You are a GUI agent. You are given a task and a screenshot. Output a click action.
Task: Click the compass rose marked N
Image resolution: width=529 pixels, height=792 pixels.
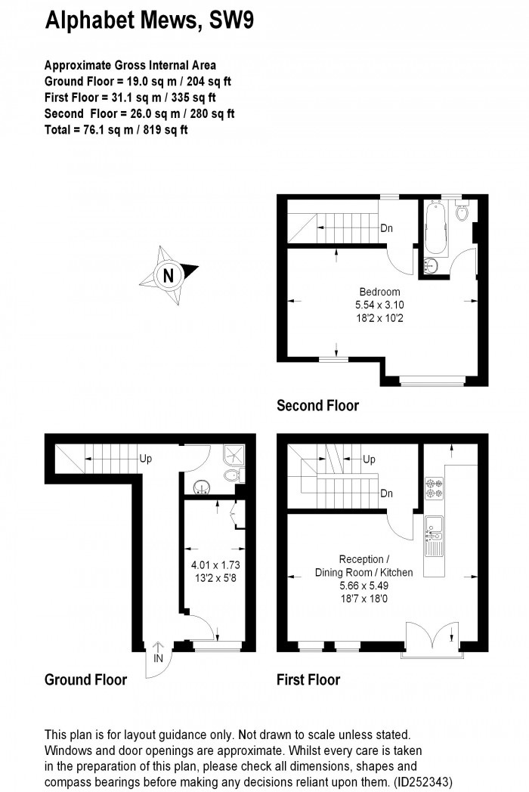click(x=167, y=274)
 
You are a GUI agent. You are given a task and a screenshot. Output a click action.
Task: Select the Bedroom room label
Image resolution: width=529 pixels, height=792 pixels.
click(x=379, y=292)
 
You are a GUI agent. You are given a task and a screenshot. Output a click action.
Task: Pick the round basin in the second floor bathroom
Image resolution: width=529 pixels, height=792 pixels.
click(x=432, y=266)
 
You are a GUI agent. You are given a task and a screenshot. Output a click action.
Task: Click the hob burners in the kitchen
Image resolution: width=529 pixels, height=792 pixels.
click(x=435, y=487)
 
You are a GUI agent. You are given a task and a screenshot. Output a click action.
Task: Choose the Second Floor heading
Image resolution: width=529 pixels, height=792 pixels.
click(x=317, y=406)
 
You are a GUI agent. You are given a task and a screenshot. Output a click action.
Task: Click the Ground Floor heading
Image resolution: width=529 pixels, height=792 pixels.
click(x=85, y=679)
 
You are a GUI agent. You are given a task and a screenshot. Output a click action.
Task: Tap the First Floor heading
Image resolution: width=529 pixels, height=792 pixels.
click(x=308, y=679)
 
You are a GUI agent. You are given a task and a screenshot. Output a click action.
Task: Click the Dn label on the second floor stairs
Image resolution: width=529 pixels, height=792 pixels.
click(x=386, y=228)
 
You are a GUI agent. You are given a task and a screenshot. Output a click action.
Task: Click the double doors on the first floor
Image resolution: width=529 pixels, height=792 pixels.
click(x=431, y=638)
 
